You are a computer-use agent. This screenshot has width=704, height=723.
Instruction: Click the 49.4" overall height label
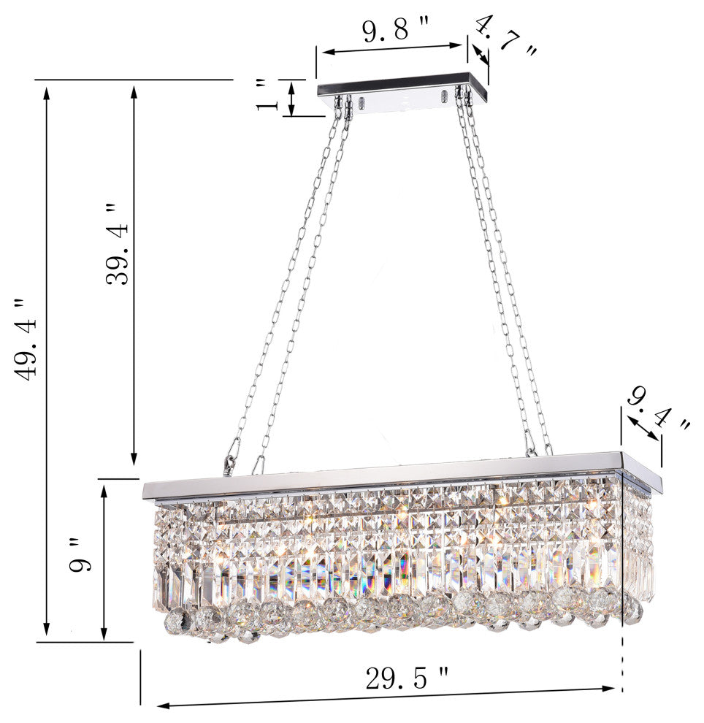26,340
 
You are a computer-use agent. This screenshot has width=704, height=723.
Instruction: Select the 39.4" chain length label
117,244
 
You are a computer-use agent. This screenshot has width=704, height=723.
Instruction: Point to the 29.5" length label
407,678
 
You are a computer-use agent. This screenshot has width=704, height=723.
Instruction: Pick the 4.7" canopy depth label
506,37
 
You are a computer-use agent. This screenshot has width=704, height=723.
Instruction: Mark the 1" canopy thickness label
267,95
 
